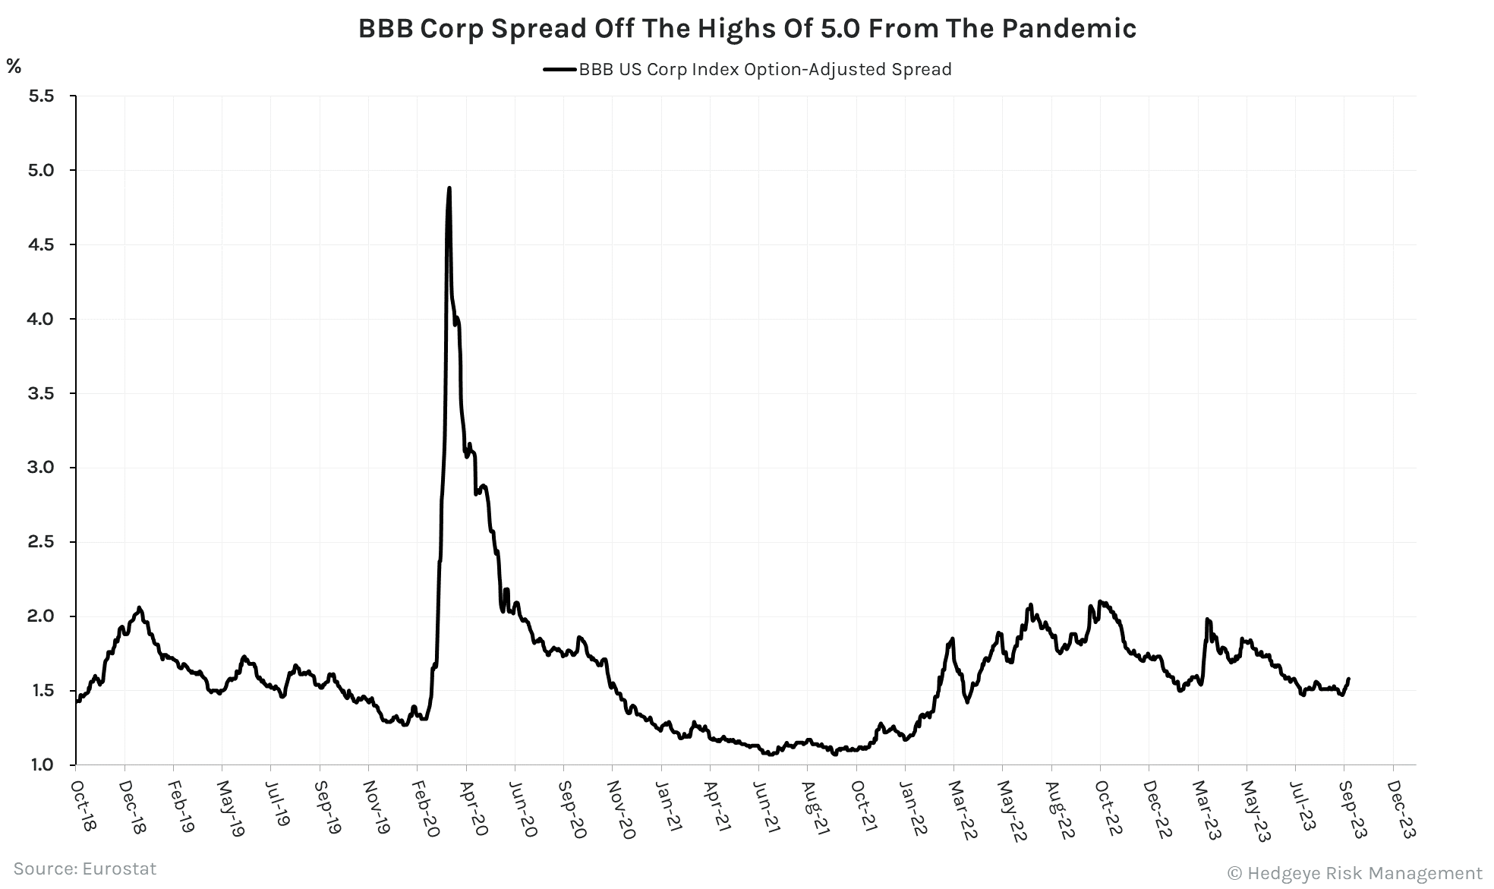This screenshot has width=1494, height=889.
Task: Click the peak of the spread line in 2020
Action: (449, 188)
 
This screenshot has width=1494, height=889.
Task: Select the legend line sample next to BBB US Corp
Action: (560, 70)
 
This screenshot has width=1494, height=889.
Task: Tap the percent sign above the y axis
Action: (14, 66)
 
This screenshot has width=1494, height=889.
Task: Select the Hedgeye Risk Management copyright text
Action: (1354, 873)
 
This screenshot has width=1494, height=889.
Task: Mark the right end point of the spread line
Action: (1348, 679)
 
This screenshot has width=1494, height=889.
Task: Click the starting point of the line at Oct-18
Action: (77, 701)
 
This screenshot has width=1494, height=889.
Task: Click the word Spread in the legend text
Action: (919, 70)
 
